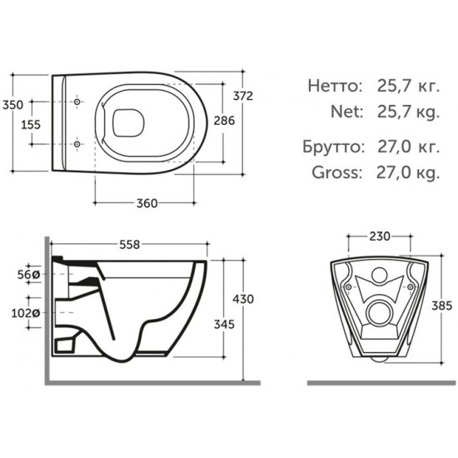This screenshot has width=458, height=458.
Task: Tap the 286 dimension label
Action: (x=224, y=121)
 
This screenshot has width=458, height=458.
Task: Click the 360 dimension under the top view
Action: (x=148, y=202)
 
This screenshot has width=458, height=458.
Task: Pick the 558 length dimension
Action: (x=128, y=245)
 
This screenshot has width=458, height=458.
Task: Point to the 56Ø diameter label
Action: (x=28, y=273)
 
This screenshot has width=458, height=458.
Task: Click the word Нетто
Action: (x=334, y=85)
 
